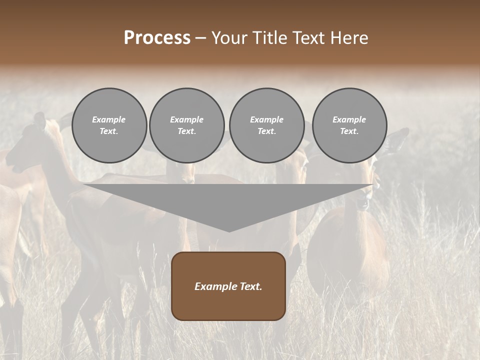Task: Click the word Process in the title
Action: pos(157,38)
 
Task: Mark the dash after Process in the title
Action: pos(201,39)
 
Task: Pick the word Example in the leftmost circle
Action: pos(109,119)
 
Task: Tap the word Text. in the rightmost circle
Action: pos(349,131)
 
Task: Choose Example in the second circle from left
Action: pos(187,119)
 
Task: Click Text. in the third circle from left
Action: pos(266,131)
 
